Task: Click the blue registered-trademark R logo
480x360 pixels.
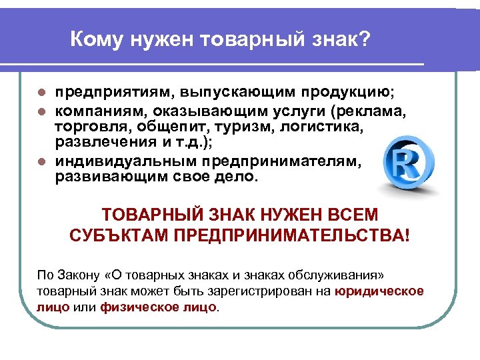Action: pos(409,163)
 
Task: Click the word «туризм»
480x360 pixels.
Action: pos(227,127)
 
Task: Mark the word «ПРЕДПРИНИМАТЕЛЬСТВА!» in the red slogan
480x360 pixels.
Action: pos(293,236)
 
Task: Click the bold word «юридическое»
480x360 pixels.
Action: pos(380,291)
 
